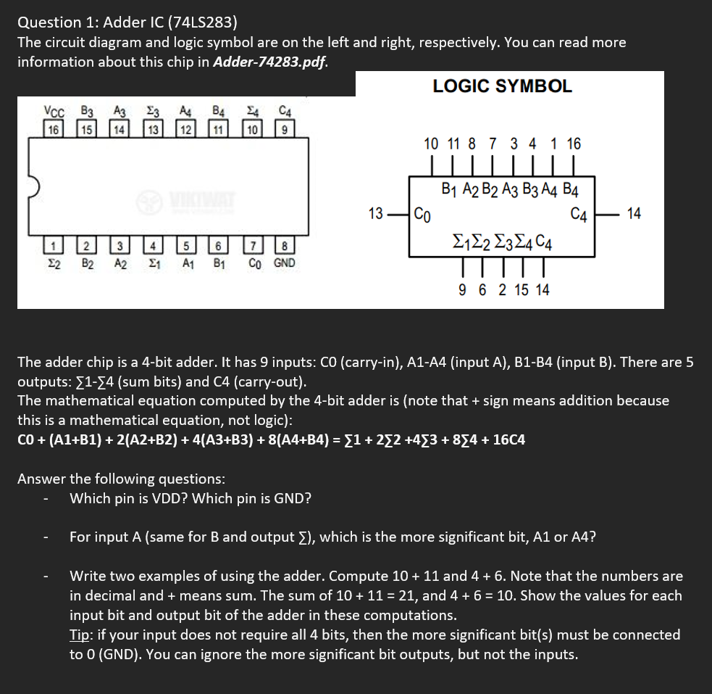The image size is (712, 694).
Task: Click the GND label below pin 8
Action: click(x=284, y=263)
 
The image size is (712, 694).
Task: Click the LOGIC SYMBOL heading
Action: click(x=502, y=86)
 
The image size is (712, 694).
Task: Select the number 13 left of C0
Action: click(x=376, y=213)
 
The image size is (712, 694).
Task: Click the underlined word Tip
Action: click(x=79, y=635)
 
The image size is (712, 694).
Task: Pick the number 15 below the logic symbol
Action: click(x=522, y=290)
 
